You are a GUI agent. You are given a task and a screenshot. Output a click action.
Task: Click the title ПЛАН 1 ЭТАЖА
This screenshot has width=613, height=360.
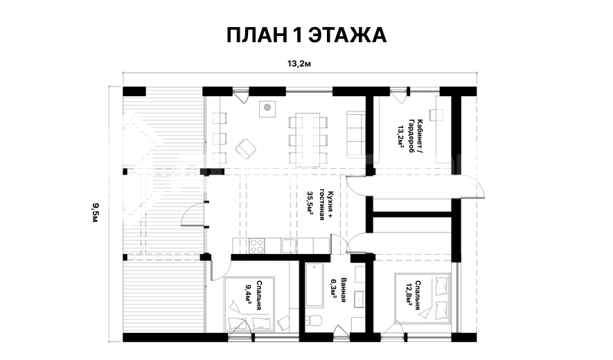click(x=306, y=35)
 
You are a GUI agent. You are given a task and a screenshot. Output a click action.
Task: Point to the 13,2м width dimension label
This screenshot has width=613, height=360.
click(x=299, y=64)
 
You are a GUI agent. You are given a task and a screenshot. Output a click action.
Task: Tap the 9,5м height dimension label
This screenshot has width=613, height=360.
click(x=95, y=213)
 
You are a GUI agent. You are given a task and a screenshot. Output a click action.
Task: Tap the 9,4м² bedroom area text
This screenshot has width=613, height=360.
click(x=248, y=294)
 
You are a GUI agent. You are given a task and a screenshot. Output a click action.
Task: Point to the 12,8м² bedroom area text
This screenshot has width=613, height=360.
click(x=409, y=296)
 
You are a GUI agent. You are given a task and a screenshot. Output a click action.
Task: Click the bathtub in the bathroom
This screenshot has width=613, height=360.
click(x=314, y=285)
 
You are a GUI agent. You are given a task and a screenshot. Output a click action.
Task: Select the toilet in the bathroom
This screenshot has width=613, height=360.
click(x=314, y=321)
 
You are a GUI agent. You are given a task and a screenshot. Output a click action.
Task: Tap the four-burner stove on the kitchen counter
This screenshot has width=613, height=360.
click(x=257, y=246)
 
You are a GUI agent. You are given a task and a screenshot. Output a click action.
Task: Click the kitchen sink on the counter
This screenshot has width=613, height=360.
click(x=289, y=246)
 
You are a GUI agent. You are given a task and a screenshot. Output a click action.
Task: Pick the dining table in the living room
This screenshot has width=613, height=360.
click(x=308, y=140)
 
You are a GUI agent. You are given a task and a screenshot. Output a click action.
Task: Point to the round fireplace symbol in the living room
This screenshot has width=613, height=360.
click(x=267, y=107)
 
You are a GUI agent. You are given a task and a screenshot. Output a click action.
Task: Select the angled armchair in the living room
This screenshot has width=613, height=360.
click(x=245, y=149)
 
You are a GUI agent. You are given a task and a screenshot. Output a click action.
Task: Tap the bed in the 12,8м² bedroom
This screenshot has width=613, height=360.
click(x=423, y=298)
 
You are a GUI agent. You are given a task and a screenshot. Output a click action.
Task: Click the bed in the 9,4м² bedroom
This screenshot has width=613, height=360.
click(x=249, y=304)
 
